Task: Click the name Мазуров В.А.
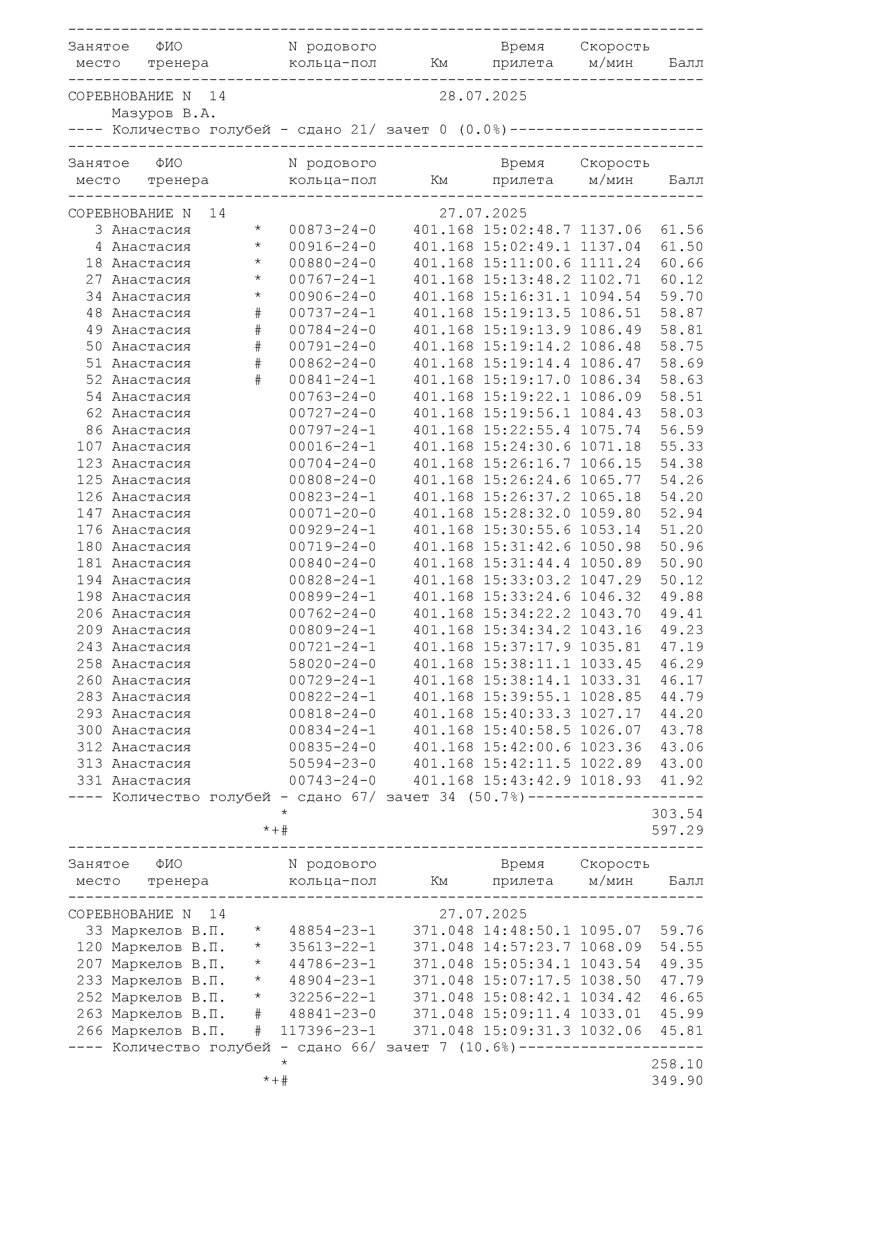[164, 114]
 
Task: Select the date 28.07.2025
[483, 96]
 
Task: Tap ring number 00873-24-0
[332, 230]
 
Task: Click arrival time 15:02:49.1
[527, 247]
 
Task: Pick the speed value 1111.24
[611, 263]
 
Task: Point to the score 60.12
[681, 280]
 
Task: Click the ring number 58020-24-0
[332, 664]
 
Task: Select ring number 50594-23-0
[332, 763]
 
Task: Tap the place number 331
[89, 780]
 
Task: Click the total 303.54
[677, 814]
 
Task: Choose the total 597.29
[677, 830]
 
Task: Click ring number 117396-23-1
[328, 1031]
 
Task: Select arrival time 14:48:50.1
[527, 930]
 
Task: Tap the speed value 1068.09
[611, 947]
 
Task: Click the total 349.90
[677, 1080]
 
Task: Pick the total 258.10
[677, 1064]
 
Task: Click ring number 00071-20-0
[332, 514]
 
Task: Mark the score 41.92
[681, 780]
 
